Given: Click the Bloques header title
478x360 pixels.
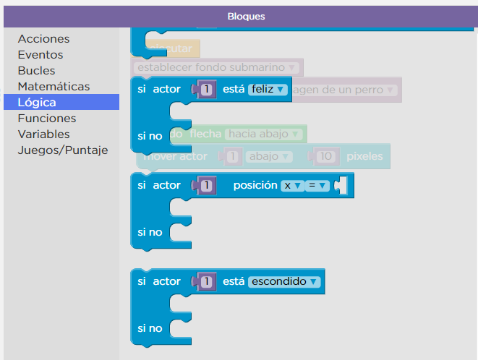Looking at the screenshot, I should pos(246,16).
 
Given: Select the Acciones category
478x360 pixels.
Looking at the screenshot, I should pos(43,39).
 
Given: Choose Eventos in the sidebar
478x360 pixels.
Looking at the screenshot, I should pos(40,55).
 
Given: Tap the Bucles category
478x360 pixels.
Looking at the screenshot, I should pos(36,71).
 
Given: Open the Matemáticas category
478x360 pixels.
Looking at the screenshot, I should pos(54,87).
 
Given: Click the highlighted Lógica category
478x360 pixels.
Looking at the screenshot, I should pos(37,103).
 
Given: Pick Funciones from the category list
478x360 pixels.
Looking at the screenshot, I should pos(47,119).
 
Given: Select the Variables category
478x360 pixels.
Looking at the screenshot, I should pos(43,134).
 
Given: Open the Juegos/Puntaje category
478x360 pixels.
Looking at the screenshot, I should pos(62,150).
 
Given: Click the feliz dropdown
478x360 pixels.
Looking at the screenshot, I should pos(268,90).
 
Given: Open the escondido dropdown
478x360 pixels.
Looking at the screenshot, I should pos(283,281).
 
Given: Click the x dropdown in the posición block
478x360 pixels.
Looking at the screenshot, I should pos(292,186).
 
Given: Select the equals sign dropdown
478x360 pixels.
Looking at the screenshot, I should pos(318,186).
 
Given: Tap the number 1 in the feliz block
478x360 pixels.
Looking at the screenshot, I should pos(207,90).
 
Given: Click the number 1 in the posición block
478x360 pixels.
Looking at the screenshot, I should pos(207,186).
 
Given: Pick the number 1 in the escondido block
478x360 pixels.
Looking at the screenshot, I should pos(207,281).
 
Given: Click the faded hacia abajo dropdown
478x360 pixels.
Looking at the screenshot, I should pos(265,134).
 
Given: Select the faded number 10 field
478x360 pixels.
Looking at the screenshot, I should pos(328,156).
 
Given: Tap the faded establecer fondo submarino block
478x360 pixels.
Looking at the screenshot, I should pos(217,68).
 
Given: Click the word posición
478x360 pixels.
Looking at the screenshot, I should pos(255,186).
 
